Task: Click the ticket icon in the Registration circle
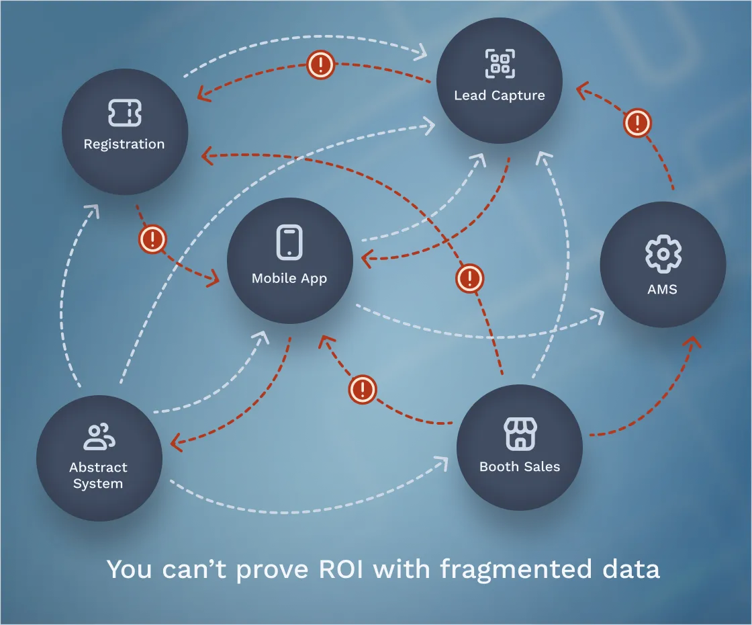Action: click(125, 113)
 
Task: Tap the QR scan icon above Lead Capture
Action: click(500, 64)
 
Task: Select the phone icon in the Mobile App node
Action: click(289, 242)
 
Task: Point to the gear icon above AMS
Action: click(663, 253)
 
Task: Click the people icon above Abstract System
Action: click(99, 437)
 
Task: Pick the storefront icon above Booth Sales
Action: click(520, 433)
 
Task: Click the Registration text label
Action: click(124, 144)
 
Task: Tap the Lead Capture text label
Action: click(500, 95)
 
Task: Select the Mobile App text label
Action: click(289, 278)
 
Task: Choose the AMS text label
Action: click(663, 290)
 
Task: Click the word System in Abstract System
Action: click(98, 484)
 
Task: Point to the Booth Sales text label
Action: click(520, 466)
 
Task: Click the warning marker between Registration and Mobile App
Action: click(152, 239)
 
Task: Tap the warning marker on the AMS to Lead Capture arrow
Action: click(637, 123)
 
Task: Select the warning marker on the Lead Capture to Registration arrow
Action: click(321, 65)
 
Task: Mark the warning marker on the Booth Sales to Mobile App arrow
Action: click(363, 389)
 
